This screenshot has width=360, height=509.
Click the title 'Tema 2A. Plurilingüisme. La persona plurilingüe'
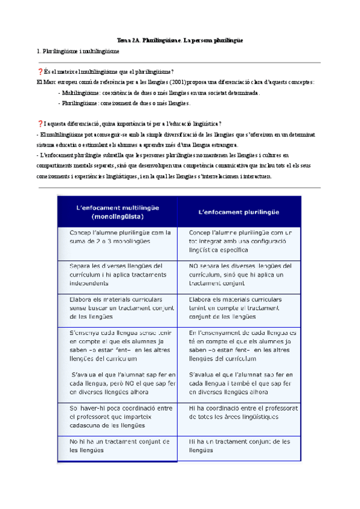click(x=180, y=40)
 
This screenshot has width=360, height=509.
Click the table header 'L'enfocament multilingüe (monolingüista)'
click(x=118, y=211)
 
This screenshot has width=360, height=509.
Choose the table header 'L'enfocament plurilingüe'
click(x=239, y=211)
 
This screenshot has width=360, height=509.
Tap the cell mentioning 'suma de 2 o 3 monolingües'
click(x=118, y=236)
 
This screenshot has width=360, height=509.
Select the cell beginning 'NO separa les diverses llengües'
click(x=239, y=274)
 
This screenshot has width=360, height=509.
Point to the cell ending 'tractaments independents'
click(x=118, y=274)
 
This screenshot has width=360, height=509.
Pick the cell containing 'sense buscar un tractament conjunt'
click(x=118, y=307)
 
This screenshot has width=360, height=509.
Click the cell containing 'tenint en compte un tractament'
click(x=239, y=307)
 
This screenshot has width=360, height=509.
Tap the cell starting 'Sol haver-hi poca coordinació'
click(x=118, y=416)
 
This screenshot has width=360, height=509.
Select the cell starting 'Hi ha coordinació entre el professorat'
click(x=239, y=412)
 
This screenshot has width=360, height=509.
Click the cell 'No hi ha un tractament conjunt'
click(x=118, y=445)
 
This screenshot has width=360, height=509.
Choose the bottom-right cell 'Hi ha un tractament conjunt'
click(x=239, y=445)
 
